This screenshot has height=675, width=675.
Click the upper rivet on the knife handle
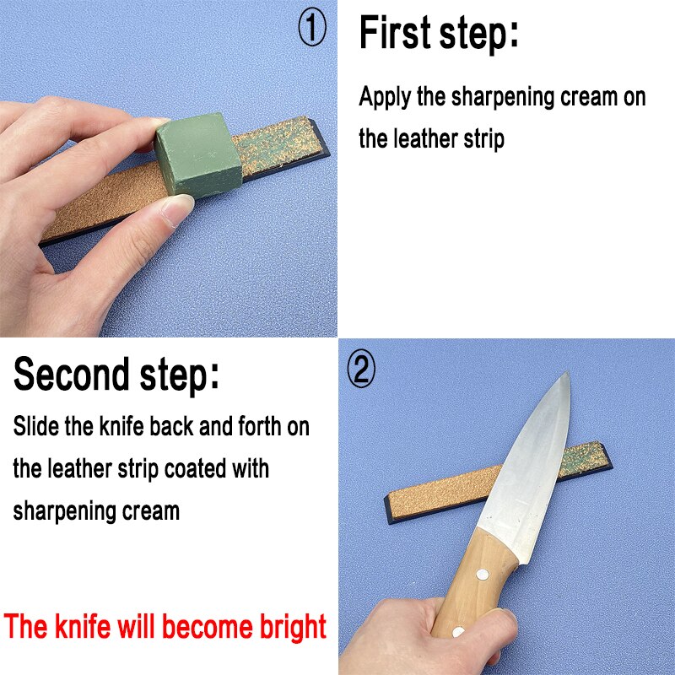(x=484, y=574)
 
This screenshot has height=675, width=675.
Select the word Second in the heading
(x=72, y=374)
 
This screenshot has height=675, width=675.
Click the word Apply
(x=386, y=97)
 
